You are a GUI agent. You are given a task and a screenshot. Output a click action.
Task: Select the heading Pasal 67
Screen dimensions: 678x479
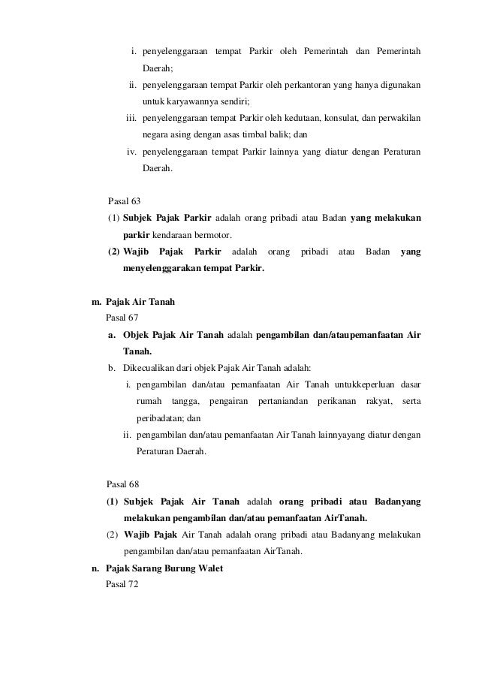coord(122,318)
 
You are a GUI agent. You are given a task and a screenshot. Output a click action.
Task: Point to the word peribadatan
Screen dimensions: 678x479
coord(161,419)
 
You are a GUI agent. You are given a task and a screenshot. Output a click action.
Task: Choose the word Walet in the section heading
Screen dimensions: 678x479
coord(207,568)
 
